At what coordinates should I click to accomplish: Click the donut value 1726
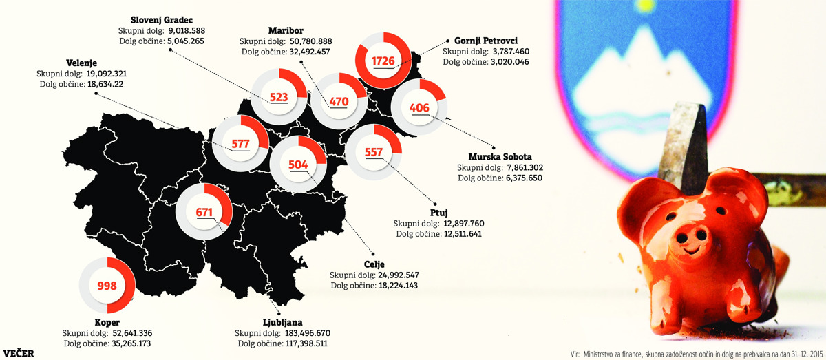coord(383,61)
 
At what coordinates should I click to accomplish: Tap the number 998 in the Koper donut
coord(107,286)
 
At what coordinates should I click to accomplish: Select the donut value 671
coord(204,212)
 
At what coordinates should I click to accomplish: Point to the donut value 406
coord(419,108)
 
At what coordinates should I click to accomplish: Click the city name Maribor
coord(286,30)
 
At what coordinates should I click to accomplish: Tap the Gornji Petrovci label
coord(481,40)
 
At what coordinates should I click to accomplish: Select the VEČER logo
coord(18,353)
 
